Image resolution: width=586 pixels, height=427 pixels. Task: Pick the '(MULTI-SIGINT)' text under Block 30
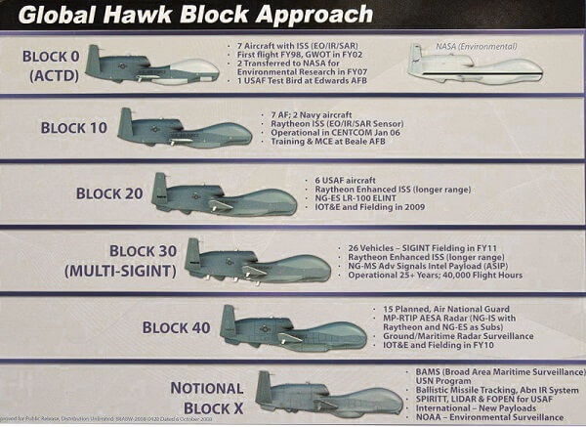coord(117,271)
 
